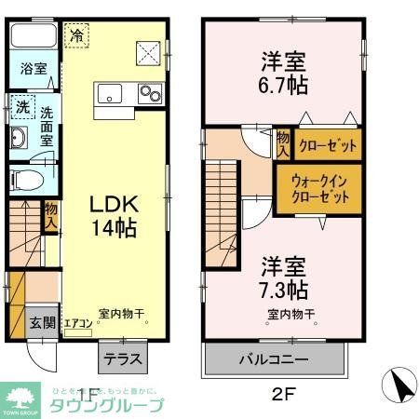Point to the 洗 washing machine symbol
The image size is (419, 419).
(x=21, y=107)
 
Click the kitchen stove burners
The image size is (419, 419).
(x=150, y=92)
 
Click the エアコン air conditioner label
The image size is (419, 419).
(x=79, y=323)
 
